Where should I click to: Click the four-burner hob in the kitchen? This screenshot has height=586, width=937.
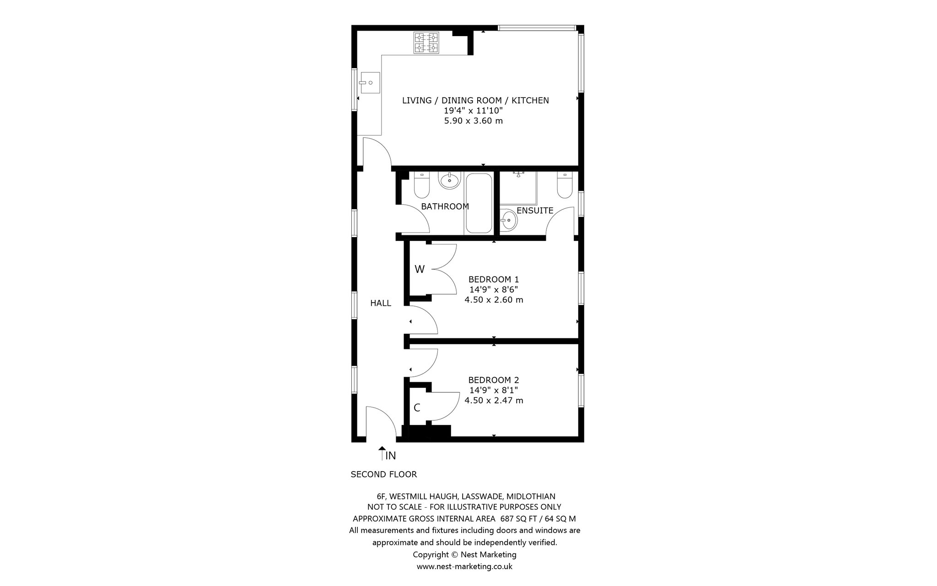click(x=426, y=43)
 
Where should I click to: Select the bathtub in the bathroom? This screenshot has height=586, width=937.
click(x=479, y=203)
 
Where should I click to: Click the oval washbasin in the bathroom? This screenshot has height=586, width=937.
click(x=449, y=180)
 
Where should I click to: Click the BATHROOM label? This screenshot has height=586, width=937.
click(x=445, y=206)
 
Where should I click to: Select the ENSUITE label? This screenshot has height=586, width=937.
click(x=535, y=211)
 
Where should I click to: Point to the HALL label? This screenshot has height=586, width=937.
click(x=381, y=303)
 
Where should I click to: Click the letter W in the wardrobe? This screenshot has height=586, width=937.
click(x=420, y=269)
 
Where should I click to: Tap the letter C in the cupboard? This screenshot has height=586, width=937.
click(x=417, y=407)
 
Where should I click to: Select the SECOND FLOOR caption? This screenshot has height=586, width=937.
click(x=384, y=474)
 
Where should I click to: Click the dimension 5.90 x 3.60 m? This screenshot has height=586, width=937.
click(x=474, y=121)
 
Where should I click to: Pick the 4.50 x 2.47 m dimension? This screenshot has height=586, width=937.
click(x=494, y=400)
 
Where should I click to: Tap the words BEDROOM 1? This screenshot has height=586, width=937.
click(x=494, y=279)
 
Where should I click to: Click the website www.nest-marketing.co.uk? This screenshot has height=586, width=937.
click(x=464, y=566)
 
